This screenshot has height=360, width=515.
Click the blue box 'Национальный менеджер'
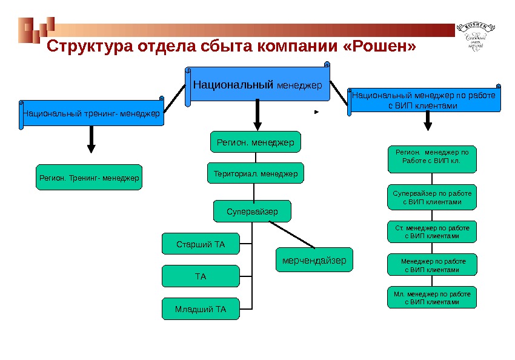pos(257,85)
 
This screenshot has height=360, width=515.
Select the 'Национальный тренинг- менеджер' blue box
pos(92,113)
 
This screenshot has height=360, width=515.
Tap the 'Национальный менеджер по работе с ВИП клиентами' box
pos(424,101)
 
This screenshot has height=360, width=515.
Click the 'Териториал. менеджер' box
pos(256,173)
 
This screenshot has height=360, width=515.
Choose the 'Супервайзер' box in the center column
pos(252,212)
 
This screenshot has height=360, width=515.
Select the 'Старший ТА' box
pos(201,244)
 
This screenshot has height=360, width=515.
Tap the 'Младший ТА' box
pos(201,309)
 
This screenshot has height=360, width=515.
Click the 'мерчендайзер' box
pos(314,261)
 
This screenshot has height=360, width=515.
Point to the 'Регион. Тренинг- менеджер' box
pos(89,178)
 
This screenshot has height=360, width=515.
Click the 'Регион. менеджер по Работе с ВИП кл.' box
pos(431,158)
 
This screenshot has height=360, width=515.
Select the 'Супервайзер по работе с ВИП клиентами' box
pos(431,197)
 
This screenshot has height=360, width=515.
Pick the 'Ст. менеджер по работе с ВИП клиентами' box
pos(431,232)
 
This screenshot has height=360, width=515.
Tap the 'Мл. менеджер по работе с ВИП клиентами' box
pos(431,297)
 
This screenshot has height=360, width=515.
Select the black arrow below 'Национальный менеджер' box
pos(257,115)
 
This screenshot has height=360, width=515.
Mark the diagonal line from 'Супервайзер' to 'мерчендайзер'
pos(291,234)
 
